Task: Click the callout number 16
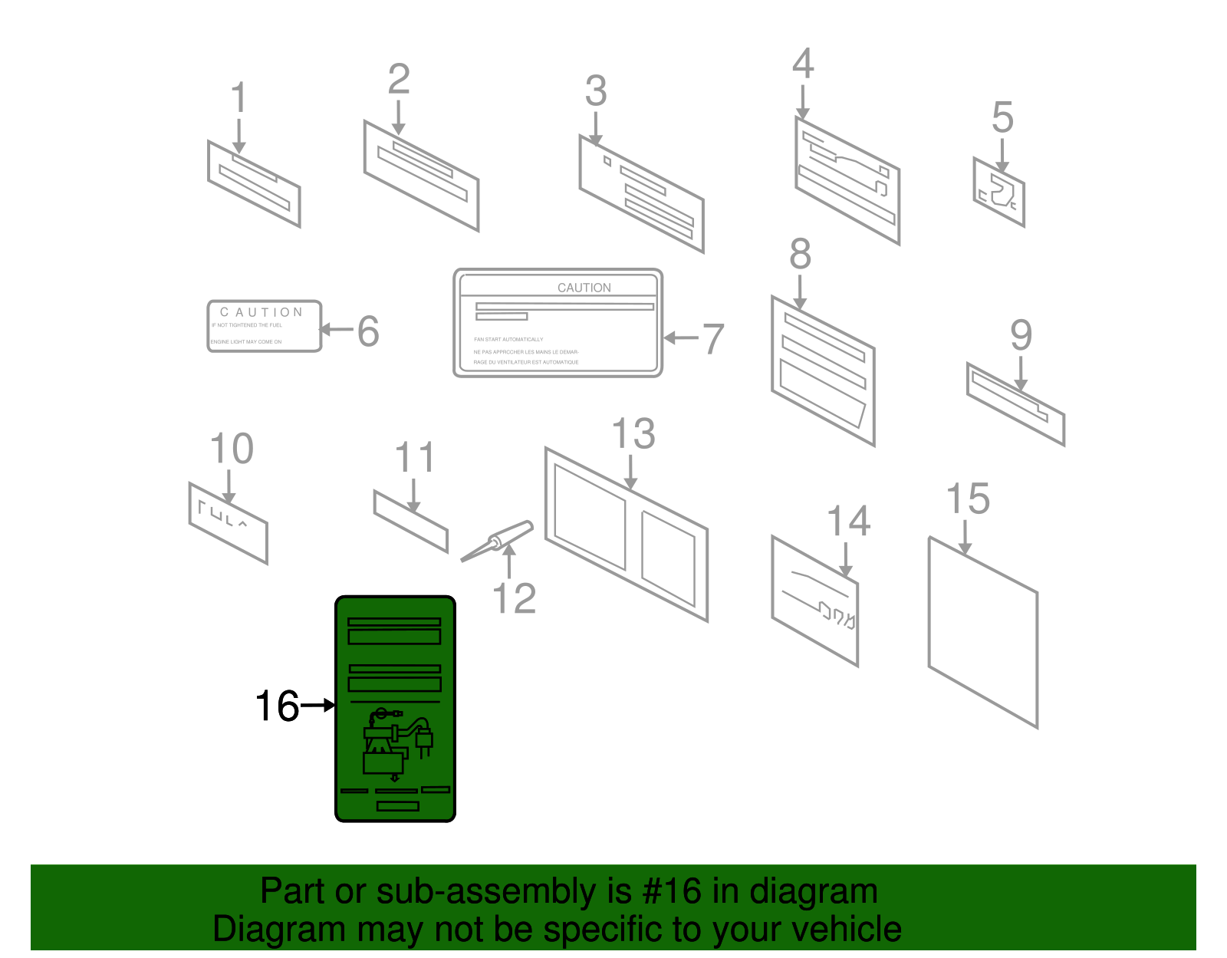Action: click(277, 706)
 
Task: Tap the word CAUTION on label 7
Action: click(584, 288)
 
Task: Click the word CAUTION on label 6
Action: click(262, 312)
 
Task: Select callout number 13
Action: click(633, 435)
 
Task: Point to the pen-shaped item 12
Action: click(497, 542)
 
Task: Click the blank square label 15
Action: click(982, 633)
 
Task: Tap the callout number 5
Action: click(1002, 117)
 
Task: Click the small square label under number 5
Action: click(998, 192)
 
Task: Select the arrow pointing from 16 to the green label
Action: click(317, 705)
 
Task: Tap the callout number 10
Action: click(231, 449)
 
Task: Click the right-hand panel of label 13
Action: click(668, 559)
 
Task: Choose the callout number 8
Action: click(800, 254)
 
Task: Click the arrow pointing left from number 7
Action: click(680, 337)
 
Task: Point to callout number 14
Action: click(848, 522)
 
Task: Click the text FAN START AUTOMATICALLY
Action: click(508, 339)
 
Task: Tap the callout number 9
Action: click(1021, 335)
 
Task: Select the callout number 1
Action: click(238, 99)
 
